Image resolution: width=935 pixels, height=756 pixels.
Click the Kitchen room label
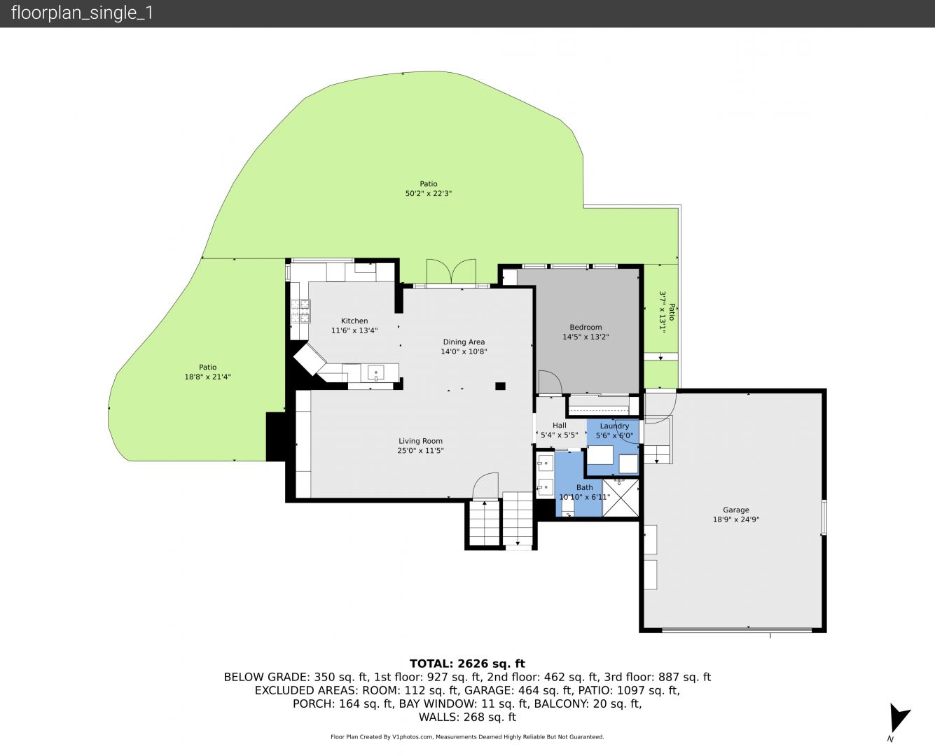354,321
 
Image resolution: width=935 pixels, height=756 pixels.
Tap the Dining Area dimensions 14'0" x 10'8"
464,351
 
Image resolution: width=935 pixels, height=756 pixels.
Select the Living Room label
420,441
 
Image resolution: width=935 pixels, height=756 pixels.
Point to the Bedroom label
586,327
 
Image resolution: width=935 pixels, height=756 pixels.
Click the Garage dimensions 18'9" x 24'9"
735,519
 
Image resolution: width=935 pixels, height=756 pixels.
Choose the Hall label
559,425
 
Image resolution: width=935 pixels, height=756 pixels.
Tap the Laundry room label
614,426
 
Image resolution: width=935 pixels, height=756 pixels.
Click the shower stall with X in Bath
621,498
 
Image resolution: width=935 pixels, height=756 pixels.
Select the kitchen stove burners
300,311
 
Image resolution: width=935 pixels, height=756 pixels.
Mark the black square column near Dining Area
500,386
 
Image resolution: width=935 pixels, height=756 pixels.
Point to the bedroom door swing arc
550,382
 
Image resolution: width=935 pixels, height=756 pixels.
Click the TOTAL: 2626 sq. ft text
467,664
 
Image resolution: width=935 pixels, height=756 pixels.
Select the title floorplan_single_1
82,13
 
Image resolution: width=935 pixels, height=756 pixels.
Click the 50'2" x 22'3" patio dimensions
428,193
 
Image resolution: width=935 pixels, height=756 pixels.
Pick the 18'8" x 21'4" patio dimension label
207,377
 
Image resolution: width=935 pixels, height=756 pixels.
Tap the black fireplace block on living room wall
277,437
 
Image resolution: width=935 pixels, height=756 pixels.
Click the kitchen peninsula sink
375,373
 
